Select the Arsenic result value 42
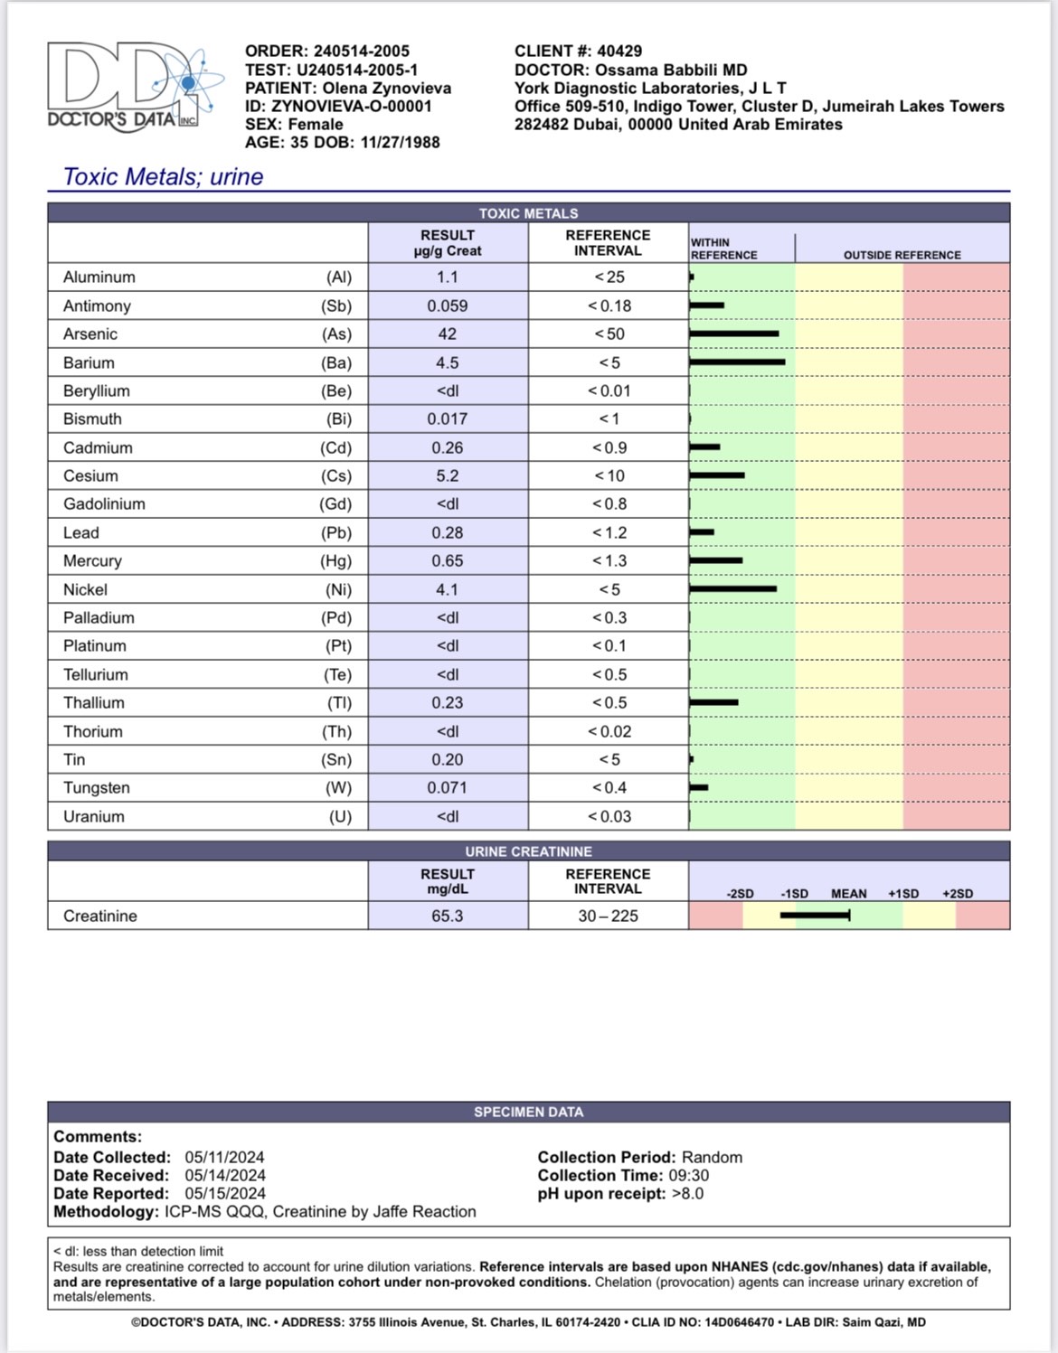point(447,334)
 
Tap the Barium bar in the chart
point(737,362)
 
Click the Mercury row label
point(92,561)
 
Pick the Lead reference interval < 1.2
point(609,533)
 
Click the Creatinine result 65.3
point(447,916)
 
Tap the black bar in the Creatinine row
point(815,916)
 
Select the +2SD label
point(958,894)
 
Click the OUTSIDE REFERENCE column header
point(902,255)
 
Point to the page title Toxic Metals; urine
point(163,177)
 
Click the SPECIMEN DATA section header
point(528,1113)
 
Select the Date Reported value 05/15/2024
point(225,1194)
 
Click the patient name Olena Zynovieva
point(386,89)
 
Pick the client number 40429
point(619,52)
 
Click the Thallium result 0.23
point(447,703)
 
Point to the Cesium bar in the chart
point(717,475)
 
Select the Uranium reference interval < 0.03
point(609,817)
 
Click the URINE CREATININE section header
point(528,851)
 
